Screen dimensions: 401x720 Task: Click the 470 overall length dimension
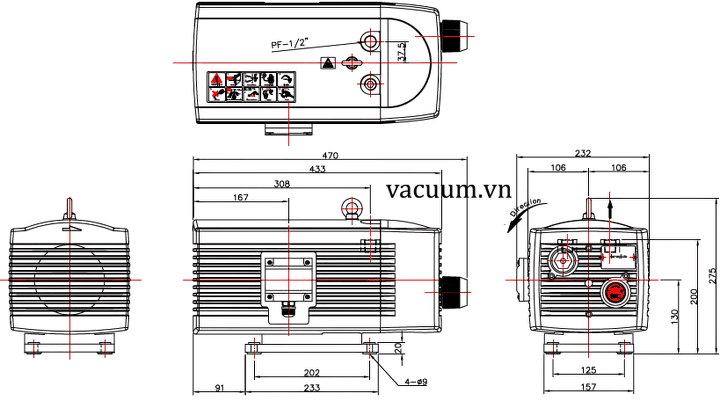tap(330, 156)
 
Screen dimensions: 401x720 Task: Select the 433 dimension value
tap(317, 170)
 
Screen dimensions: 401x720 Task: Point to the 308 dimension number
tap(282, 183)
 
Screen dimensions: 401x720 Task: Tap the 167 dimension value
tap(240, 197)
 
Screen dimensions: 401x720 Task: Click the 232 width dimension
tap(583, 154)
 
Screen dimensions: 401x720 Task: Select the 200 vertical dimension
tap(692, 297)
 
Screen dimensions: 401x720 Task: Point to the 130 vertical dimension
tap(675, 318)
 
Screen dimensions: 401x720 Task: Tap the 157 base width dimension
tap(589, 387)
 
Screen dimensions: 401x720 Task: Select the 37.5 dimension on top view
tap(402, 51)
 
